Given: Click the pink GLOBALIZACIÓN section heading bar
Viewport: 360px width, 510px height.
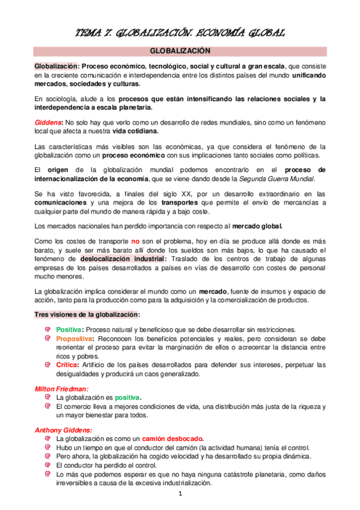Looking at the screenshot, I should coord(180,51).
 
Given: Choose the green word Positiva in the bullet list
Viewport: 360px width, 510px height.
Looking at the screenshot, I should coord(68,330).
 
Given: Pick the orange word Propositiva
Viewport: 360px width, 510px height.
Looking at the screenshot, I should coord(74,339).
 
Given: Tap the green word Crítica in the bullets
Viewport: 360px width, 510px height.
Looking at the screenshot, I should coord(66,364).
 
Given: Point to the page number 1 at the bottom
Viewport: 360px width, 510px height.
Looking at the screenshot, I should coord(180,494).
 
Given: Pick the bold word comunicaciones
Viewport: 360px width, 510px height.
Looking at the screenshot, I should coord(63,203).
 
